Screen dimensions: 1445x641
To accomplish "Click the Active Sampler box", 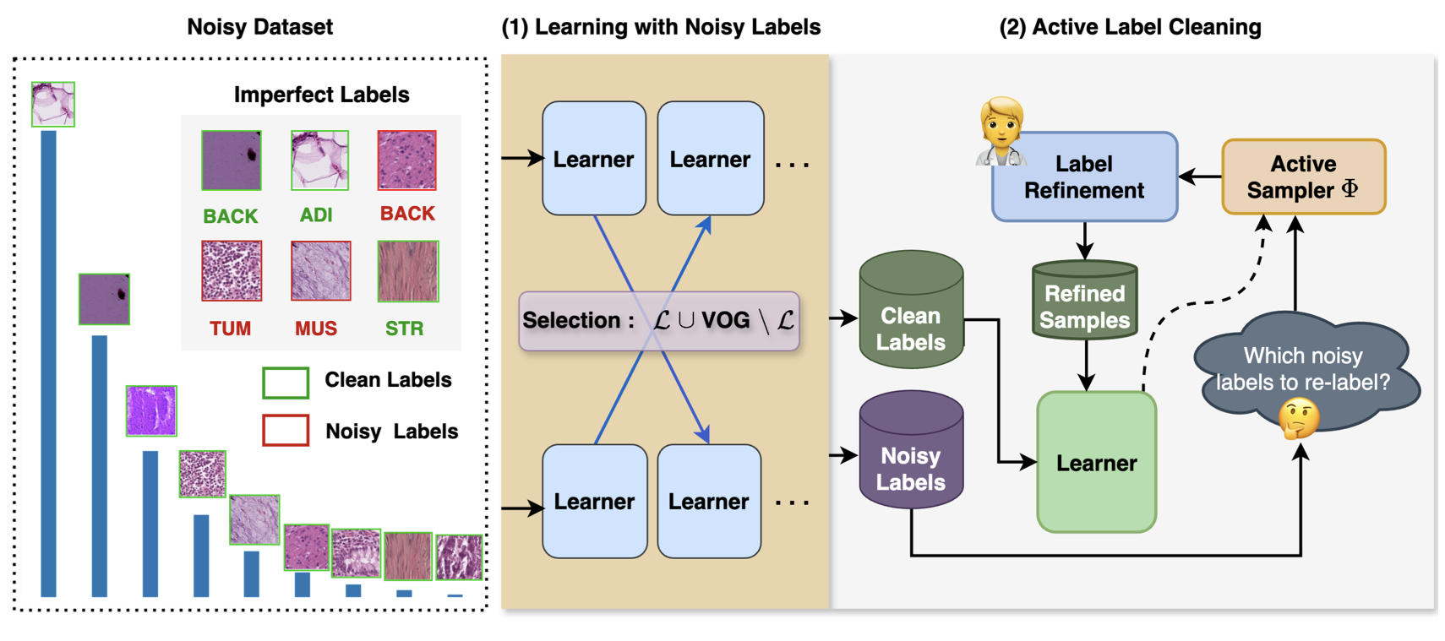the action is coord(1304,177).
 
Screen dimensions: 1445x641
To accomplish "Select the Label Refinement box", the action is coord(1085,177).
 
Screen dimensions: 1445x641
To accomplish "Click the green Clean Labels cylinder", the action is coord(912,310).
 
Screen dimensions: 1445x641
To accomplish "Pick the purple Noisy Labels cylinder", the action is coord(912,449).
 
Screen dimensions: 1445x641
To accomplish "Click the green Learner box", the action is coord(1097,462).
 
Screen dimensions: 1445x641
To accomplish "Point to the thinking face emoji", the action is coord(1299,419).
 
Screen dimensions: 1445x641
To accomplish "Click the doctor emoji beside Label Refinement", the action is coord(1001,132).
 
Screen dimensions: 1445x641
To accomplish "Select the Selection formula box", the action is coord(659,321).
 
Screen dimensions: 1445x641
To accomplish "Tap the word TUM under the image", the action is coord(231,329).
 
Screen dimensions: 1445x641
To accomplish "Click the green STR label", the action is coord(405,329).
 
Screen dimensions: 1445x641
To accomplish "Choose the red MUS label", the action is coord(316,329).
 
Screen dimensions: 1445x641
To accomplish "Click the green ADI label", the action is coord(316,215).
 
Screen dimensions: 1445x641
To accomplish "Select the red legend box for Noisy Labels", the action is coord(286,430).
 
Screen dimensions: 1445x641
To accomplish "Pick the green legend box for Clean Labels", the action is coord(286,383).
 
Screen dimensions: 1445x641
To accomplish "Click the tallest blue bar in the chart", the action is coord(48,364).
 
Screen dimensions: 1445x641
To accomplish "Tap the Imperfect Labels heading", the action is coord(321,95).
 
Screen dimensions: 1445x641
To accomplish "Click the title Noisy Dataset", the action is coord(260,27).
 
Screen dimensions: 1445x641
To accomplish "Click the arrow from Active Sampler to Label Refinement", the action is coord(1201,176).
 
